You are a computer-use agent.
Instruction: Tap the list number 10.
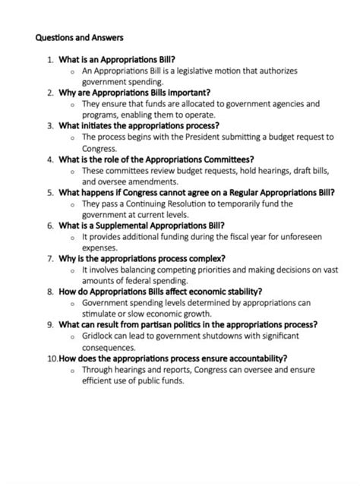[51, 358]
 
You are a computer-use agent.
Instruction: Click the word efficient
[103, 381]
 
